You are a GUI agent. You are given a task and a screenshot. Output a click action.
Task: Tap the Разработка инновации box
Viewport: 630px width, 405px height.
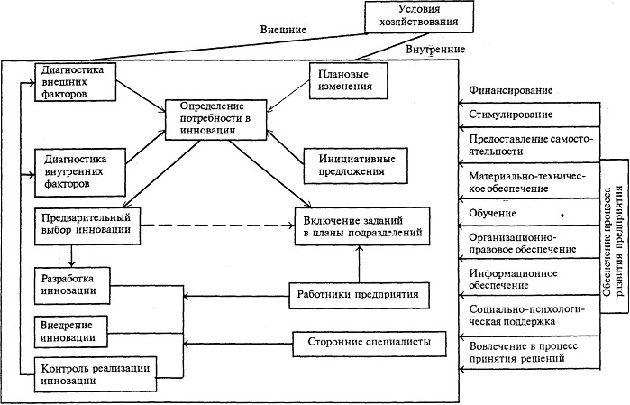(x=76, y=283)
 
